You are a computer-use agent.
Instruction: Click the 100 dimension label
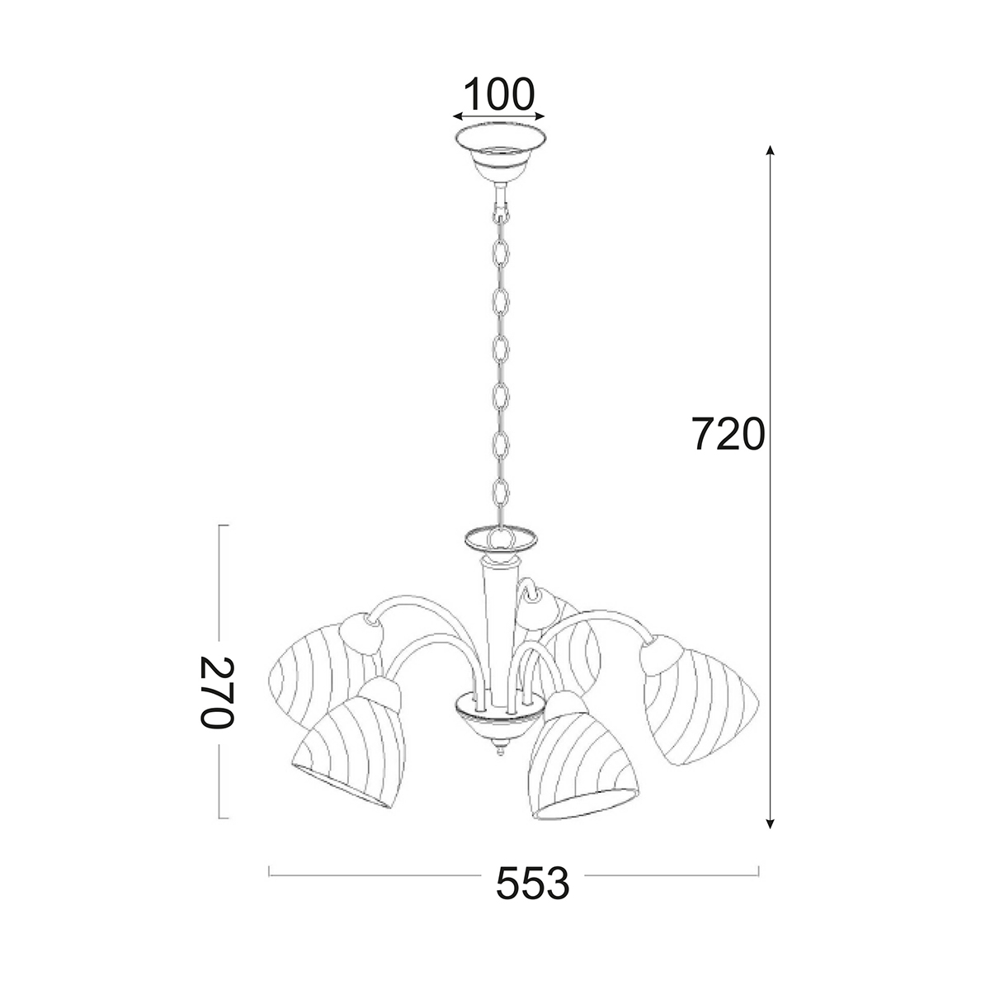point(498,94)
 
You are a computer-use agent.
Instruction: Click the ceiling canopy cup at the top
point(500,153)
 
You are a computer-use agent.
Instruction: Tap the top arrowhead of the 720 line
point(769,150)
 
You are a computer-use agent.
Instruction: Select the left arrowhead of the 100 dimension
point(458,116)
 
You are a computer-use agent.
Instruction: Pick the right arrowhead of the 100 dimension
point(540,116)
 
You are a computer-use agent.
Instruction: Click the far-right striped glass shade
point(699,708)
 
